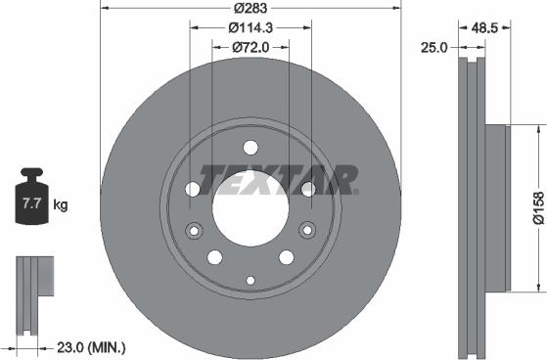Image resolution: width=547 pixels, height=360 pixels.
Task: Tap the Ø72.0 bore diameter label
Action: [x=251, y=46]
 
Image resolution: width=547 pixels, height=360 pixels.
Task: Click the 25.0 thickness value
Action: [x=433, y=46]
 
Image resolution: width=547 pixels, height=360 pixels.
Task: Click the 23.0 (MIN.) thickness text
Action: [x=92, y=346]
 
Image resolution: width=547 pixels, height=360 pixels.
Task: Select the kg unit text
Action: [x=61, y=205]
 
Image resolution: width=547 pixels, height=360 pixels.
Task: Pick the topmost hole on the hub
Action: [x=250, y=149]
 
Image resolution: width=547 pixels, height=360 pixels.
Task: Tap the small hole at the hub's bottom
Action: [x=250, y=281]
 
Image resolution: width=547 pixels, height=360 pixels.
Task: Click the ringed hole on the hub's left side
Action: [x=192, y=231]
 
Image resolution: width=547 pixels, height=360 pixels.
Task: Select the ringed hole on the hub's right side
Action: [x=307, y=231]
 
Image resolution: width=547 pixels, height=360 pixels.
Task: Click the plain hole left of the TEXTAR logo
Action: [x=193, y=189]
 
